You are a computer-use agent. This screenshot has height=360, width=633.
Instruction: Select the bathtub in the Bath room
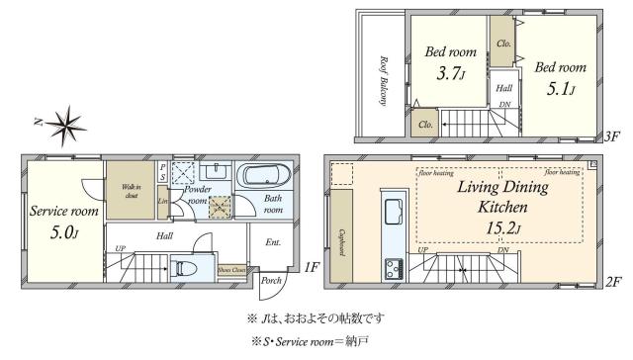(262, 176)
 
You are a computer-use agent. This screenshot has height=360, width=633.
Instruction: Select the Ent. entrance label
(271, 241)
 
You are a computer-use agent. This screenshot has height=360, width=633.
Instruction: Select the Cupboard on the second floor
(341, 236)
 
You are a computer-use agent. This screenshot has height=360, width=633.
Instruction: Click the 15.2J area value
(501, 229)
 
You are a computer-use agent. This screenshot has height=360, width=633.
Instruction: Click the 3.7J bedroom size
(444, 72)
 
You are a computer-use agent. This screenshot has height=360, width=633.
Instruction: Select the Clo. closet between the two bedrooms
(502, 44)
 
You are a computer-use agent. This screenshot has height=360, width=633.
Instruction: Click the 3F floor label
(613, 138)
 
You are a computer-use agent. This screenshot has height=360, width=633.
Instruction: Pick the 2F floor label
(613, 282)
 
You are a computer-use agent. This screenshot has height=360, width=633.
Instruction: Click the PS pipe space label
(163, 173)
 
